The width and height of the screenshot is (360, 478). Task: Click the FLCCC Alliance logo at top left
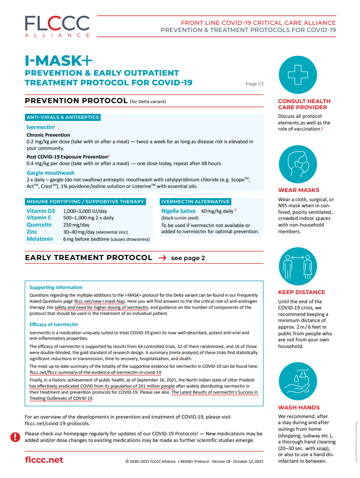pyautogui.click(x=57, y=26)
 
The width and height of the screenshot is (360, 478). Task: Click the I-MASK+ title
pyautogui.click(x=59, y=60)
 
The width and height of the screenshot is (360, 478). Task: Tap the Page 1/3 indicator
pyautogui.click(x=254, y=84)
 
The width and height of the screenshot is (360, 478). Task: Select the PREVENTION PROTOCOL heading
pyautogui.click(x=76, y=101)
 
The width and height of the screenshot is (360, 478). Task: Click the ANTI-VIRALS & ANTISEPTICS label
pyautogui.click(x=63, y=117)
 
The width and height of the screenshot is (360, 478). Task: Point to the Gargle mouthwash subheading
pyautogui.click(x=51, y=173)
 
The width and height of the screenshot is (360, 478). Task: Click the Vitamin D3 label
pyautogui.click(x=41, y=210)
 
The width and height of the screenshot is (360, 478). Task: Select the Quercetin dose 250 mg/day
pyautogui.click(x=76, y=225)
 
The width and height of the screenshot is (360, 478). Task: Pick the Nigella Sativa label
pyautogui.click(x=178, y=210)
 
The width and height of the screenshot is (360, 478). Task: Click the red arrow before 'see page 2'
pyautogui.click(x=162, y=258)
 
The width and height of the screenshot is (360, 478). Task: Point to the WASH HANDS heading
pyautogui.click(x=299, y=407)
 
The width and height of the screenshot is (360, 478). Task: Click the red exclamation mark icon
pyautogui.click(x=16, y=437)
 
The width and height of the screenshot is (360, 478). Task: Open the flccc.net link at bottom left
pyautogui.click(x=44, y=460)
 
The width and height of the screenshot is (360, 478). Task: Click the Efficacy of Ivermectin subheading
pyautogui.click(x=54, y=324)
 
